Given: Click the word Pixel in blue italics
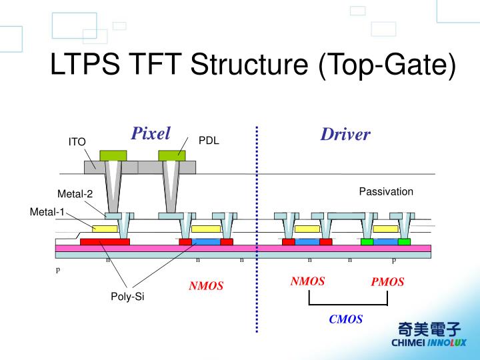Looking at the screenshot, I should (151, 133).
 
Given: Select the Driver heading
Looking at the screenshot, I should (345, 135).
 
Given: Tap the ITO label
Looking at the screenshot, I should (77, 142).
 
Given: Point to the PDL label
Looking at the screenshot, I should (209, 141).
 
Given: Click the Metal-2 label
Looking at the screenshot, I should (75, 194).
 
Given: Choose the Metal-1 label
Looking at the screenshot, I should (47, 212).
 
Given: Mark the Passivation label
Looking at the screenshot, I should (386, 192).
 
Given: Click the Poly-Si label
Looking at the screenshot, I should (127, 297).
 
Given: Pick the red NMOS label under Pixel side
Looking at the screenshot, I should (206, 286).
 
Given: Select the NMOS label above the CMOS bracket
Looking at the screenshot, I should (307, 281).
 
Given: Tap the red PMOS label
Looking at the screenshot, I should (387, 282).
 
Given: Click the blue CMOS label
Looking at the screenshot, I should (345, 319).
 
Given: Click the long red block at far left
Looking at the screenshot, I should (105, 241).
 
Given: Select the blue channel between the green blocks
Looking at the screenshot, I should (385, 241).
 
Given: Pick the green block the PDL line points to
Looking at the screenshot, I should (172, 155).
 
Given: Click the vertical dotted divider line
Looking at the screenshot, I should (257, 227).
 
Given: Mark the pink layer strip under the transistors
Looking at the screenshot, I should (243, 248).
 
